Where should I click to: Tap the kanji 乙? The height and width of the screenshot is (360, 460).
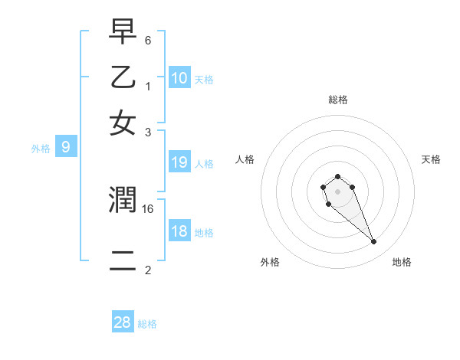coord(123,78)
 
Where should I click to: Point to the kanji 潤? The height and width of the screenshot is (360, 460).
coord(123,201)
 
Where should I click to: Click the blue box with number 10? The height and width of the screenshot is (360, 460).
coord(179,78)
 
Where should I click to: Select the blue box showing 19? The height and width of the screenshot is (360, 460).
coord(179,162)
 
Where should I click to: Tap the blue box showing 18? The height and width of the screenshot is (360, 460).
coord(179,232)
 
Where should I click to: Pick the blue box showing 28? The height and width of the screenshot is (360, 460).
coord(123,322)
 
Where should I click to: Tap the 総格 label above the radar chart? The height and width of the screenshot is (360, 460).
coord(337,100)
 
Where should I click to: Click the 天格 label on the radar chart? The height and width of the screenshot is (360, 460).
coord(431,159)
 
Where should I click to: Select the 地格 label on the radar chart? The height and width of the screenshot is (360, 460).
coord(402,262)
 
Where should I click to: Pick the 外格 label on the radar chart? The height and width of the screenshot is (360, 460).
coord(271,262)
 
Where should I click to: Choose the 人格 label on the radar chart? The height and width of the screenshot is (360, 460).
coord(245,159)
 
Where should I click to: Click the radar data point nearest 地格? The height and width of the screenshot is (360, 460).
coord(374,242)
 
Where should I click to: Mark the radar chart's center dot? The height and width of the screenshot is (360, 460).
coord(337,191)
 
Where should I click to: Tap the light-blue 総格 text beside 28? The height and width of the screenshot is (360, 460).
coord(147,324)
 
